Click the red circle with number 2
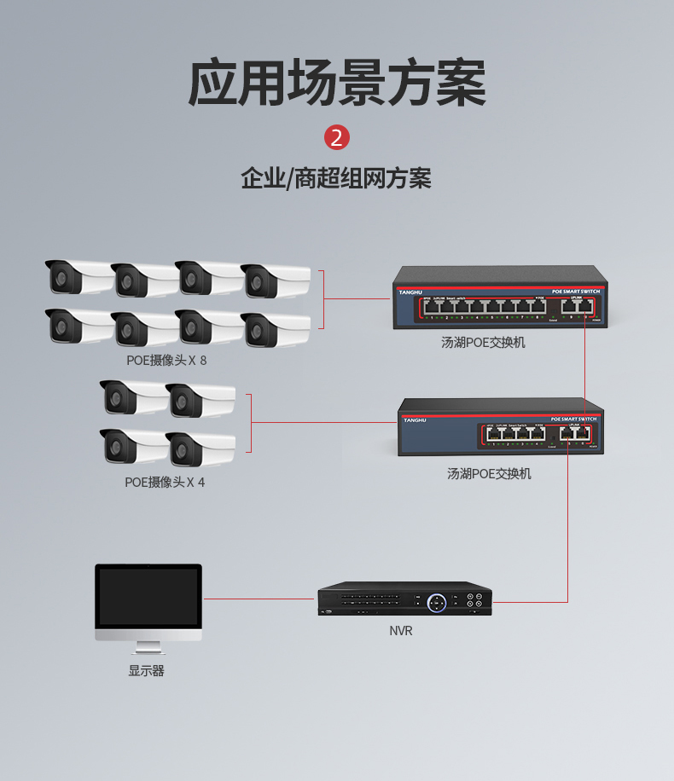337,137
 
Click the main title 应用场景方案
337,83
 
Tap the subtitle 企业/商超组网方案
336,179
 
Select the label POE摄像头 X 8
166,360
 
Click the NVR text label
400,631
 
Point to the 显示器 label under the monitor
147,671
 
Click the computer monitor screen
148,597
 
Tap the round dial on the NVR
437,602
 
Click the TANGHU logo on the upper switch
411,292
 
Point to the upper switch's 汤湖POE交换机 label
483,343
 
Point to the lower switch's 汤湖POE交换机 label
489,473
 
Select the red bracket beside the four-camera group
250,423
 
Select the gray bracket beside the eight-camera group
322,299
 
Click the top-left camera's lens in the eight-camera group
60,277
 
